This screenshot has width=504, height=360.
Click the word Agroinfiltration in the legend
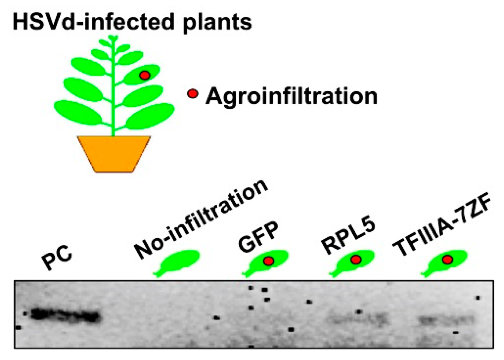click(291, 96)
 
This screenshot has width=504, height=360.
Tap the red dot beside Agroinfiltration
click(193, 94)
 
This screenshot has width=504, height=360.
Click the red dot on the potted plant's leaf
click(145, 75)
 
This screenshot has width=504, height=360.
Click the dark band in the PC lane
click(66, 315)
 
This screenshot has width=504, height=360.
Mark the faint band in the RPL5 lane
click(357, 320)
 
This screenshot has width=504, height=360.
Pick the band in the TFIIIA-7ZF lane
click(446, 320)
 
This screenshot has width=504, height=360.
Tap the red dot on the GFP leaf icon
click(269, 261)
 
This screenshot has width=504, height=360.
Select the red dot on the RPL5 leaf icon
click(356, 260)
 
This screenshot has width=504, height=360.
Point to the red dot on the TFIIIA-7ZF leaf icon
click(447, 260)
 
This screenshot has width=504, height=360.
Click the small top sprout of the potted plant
click(113, 38)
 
